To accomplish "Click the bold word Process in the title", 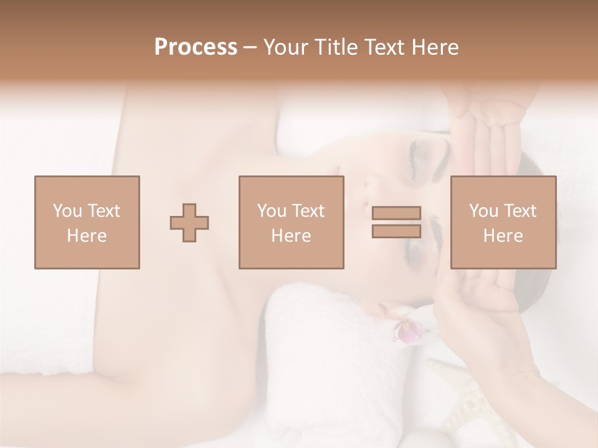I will [196, 47].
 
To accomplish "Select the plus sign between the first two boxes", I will [189, 223].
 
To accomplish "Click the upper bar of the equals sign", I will [396, 213].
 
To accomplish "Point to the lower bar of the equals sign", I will [396, 231].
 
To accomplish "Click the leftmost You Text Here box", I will [87, 223].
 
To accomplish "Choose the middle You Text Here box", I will [292, 223].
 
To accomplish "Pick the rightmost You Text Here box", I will [503, 223].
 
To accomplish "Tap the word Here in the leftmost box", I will [87, 236].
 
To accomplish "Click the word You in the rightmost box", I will [483, 211].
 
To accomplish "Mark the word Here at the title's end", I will [435, 47].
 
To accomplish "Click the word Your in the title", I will [285, 47].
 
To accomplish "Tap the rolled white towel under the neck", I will [324, 361].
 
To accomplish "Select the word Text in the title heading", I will [384, 47].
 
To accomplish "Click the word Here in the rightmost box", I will [503, 236].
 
